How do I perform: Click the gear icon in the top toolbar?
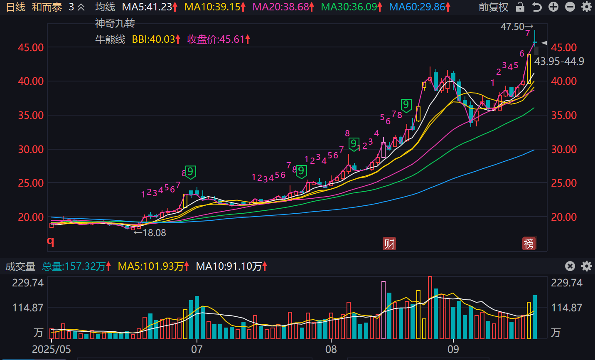(586, 7)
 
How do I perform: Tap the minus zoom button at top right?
(570, 7)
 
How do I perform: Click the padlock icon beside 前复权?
(520, 7)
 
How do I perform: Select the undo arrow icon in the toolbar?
(537, 7)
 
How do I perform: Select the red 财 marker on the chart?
(389, 244)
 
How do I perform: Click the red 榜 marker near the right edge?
(529, 244)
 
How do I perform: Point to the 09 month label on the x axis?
(453, 349)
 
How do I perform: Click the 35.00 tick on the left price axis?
(30, 115)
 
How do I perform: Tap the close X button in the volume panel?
(570, 266)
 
